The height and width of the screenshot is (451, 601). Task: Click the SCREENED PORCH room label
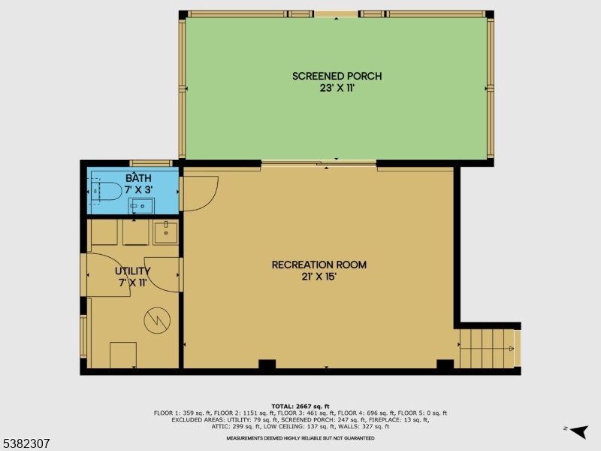[337, 76]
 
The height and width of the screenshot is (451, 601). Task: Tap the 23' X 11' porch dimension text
[337, 88]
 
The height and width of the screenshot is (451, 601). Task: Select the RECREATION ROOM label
[319, 265]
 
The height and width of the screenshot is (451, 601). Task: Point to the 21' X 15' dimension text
[319, 277]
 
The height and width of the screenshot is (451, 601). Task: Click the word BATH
[138, 178]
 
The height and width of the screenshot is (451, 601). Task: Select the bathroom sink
[140, 205]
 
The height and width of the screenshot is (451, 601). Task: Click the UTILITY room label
[133, 271]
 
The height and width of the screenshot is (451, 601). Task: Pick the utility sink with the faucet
[165, 233]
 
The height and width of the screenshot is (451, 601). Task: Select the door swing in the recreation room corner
[199, 193]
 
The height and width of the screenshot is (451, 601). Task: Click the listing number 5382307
[26, 444]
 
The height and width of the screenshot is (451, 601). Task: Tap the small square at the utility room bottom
[123, 354]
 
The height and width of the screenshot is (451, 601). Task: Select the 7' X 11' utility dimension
[133, 283]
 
